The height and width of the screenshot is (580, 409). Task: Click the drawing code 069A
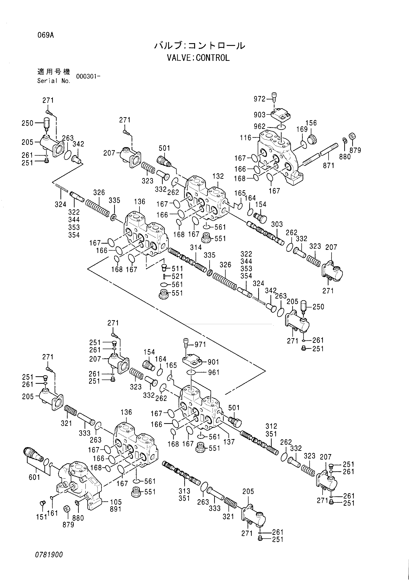click(46, 35)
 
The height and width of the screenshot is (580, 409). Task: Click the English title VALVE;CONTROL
click(198, 58)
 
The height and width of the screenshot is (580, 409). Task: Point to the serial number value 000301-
click(86, 77)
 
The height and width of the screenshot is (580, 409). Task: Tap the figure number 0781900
click(49, 555)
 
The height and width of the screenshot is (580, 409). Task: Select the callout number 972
click(259, 99)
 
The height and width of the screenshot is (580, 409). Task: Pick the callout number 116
click(246, 138)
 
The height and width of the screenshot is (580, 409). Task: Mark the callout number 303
click(277, 224)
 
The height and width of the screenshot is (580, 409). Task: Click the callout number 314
click(196, 247)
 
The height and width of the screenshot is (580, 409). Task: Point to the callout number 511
click(177, 268)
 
